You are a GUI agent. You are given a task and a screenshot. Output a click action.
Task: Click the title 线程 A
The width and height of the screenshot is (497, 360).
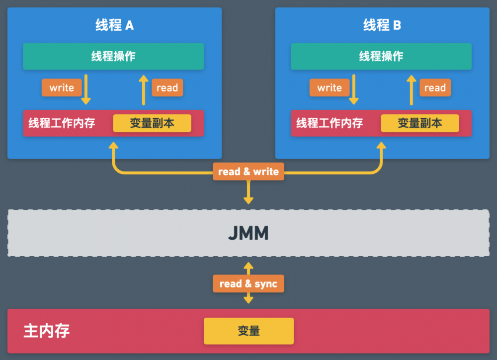114,25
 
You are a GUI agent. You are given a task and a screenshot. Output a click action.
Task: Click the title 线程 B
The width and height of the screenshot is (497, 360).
382,25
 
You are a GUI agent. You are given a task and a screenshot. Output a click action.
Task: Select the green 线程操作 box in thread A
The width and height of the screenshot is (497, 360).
113,57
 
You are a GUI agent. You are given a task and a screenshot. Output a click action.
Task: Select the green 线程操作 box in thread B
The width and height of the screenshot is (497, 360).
381,57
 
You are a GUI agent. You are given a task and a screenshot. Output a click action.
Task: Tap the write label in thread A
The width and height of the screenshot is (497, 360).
62,88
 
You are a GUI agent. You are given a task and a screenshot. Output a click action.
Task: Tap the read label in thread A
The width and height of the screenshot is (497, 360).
167,88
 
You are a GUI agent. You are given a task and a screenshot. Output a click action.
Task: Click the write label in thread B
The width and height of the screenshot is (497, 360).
330,88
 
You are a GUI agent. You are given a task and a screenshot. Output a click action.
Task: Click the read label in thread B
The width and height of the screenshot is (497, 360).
435,88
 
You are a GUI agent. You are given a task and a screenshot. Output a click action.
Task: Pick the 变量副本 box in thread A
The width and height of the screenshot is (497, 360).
152,123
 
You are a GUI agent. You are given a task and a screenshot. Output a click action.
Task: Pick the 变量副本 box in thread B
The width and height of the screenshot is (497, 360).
420,123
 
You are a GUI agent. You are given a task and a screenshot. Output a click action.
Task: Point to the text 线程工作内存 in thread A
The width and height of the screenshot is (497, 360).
62,123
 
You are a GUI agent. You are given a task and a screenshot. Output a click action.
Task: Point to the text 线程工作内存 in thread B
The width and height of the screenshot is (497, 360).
330,123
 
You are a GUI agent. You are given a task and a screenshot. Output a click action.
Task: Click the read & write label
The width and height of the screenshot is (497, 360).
248,172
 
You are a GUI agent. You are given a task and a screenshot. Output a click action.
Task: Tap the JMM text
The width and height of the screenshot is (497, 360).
248,233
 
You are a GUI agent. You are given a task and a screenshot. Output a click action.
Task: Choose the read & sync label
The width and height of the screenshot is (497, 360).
248,284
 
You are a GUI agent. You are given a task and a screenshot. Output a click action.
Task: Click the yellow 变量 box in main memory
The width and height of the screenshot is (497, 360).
249,331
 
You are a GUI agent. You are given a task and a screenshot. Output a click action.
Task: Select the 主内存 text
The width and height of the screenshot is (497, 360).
47,331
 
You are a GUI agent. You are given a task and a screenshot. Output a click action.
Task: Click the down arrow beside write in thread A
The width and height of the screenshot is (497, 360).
86,89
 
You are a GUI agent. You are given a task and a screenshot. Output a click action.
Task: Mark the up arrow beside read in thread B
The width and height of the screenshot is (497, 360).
412,90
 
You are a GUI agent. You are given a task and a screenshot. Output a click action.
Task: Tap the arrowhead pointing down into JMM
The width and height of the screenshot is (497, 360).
248,201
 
